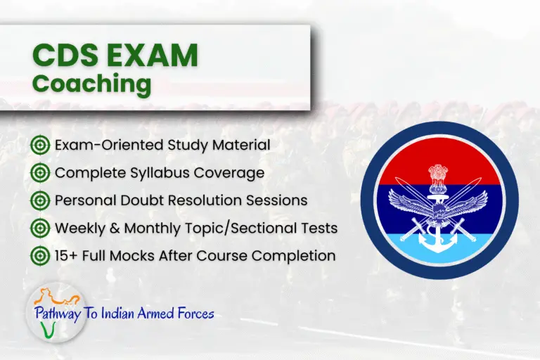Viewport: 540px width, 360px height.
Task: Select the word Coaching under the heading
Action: pyautogui.click(x=91, y=83)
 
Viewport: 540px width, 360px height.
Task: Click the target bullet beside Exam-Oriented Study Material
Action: pyautogui.click(x=40, y=146)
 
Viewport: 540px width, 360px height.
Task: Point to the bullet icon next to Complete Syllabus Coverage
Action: pyautogui.click(x=40, y=173)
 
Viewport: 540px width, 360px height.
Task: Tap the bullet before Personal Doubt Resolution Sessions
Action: pyautogui.click(x=40, y=200)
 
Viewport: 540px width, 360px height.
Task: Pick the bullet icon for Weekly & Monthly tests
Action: pyautogui.click(x=40, y=228)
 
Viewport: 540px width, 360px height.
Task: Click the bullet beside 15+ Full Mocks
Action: pyautogui.click(x=40, y=255)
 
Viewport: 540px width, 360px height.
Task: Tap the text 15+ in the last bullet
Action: pyautogui.click(x=67, y=255)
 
